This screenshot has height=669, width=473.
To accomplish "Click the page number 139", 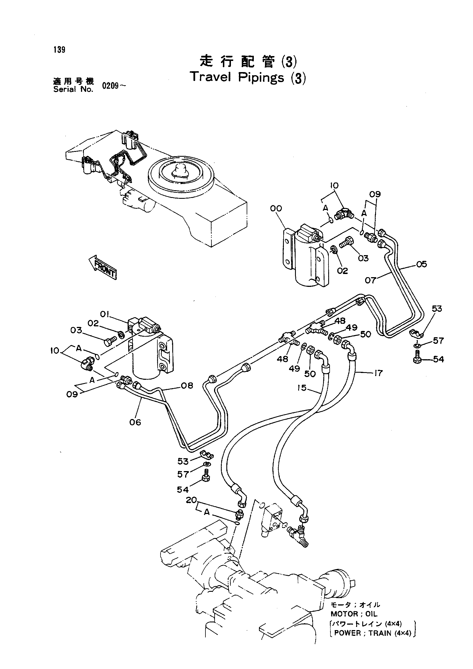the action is coord(60,50).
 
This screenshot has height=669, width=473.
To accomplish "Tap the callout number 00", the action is coord(276,208).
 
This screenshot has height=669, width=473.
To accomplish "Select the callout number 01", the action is coord(104,314).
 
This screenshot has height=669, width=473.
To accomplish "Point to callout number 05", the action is coord(421,264).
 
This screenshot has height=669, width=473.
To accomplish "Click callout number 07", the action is coord(371,281).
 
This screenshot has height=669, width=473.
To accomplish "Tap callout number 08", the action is coord(187,386).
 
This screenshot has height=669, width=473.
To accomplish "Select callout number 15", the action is coord(302,388).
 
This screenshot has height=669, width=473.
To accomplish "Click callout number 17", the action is coord(378,373).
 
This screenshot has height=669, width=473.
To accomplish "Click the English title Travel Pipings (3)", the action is coord(248,78).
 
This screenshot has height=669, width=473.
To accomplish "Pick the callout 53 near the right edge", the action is coord(437,309).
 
